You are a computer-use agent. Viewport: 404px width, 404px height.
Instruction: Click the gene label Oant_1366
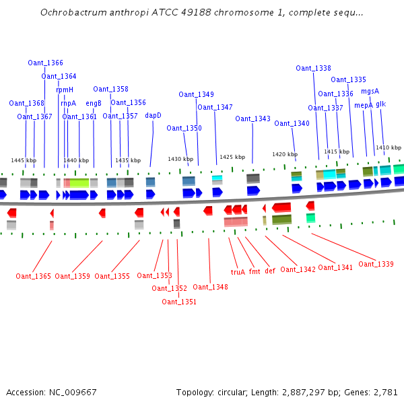(45, 63)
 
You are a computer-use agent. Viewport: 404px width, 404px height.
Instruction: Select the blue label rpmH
(65, 90)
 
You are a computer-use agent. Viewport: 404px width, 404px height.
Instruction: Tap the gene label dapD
(154, 115)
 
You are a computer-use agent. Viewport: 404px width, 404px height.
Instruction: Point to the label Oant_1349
(196, 94)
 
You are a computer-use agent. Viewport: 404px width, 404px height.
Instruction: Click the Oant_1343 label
(252, 119)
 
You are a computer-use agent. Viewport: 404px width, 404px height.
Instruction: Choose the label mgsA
(370, 91)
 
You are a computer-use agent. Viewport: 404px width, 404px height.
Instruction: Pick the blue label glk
(381, 104)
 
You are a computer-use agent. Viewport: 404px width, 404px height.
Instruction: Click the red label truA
(238, 272)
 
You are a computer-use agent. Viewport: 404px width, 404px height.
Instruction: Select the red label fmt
(255, 271)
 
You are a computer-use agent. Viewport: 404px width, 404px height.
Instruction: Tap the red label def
(270, 271)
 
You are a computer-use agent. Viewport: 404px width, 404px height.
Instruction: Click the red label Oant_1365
(34, 276)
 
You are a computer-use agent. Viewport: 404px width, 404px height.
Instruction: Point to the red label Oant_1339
(376, 264)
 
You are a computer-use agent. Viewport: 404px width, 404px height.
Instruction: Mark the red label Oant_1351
(179, 302)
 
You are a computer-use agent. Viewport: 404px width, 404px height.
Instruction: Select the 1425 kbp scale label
(232, 157)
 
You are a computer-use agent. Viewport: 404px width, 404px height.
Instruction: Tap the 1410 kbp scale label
(389, 147)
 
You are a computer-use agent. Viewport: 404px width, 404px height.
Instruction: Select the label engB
(94, 103)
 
